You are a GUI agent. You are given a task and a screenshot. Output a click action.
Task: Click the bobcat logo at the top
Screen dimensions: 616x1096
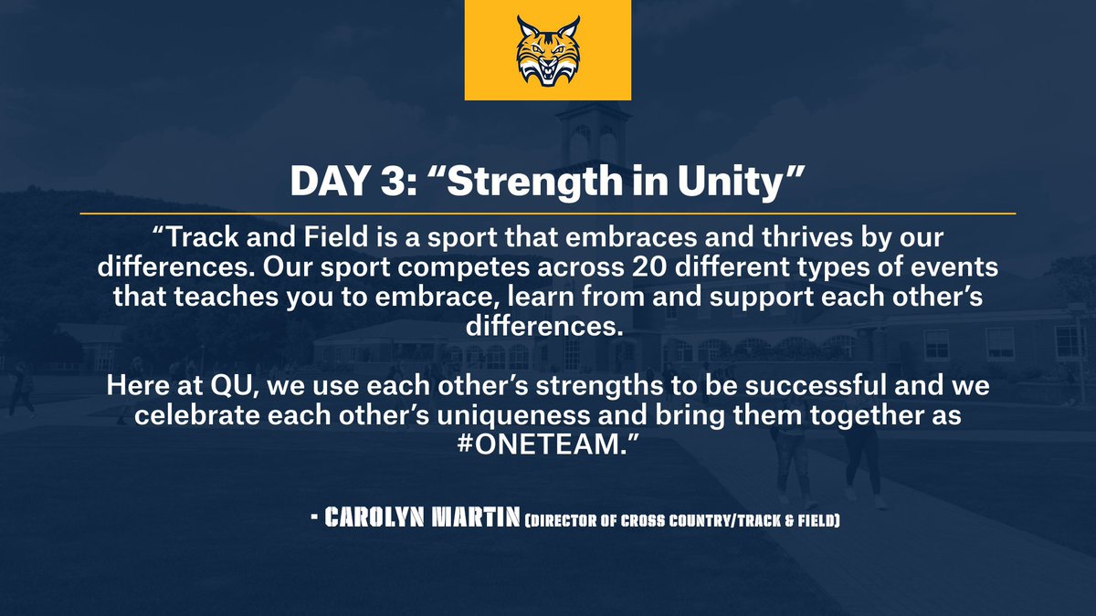pyautogui.click(x=547, y=50)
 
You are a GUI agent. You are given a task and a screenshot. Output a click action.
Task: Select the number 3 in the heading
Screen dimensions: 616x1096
pyautogui.click(x=387, y=182)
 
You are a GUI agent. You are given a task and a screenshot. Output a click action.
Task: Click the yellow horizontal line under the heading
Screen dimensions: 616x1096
pyautogui.click(x=548, y=214)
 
